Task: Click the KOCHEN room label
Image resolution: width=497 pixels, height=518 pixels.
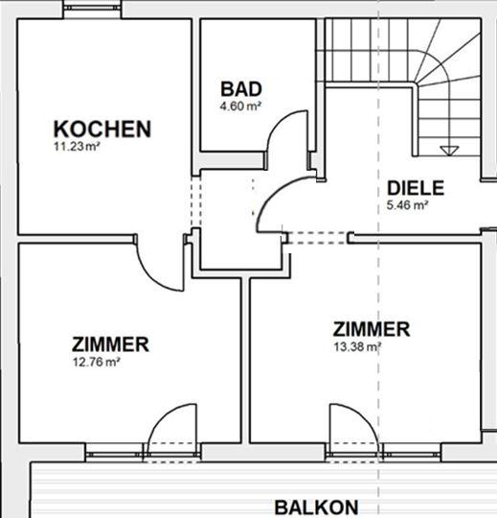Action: pyautogui.click(x=102, y=129)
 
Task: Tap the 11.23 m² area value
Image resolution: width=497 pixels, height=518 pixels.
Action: pyautogui.click(x=77, y=147)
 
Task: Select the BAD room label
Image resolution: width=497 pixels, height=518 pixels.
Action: pyautogui.click(x=241, y=89)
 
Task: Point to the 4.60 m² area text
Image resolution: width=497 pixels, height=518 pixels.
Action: pyautogui.click(x=240, y=106)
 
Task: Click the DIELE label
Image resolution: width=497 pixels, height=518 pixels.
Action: pyautogui.click(x=416, y=188)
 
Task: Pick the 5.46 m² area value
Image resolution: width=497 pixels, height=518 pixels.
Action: pyautogui.click(x=407, y=205)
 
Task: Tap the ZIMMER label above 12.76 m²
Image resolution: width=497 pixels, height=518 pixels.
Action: pyautogui.click(x=110, y=344)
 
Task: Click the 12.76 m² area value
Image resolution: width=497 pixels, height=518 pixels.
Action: pyautogui.click(x=96, y=362)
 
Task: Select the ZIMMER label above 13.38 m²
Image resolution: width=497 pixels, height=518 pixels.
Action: pyautogui.click(x=372, y=329)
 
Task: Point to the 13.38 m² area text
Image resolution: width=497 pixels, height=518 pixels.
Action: pyautogui.click(x=357, y=347)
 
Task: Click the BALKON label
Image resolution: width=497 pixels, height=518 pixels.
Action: pyautogui.click(x=316, y=507)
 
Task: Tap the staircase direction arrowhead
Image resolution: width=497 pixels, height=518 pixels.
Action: pyautogui.click(x=449, y=151)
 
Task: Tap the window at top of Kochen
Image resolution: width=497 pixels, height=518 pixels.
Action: pyautogui.click(x=92, y=8)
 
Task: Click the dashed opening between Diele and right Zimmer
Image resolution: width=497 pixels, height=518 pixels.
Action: pyautogui.click(x=319, y=238)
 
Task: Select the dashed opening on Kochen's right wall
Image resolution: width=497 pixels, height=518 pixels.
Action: pyautogui.click(x=196, y=202)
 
